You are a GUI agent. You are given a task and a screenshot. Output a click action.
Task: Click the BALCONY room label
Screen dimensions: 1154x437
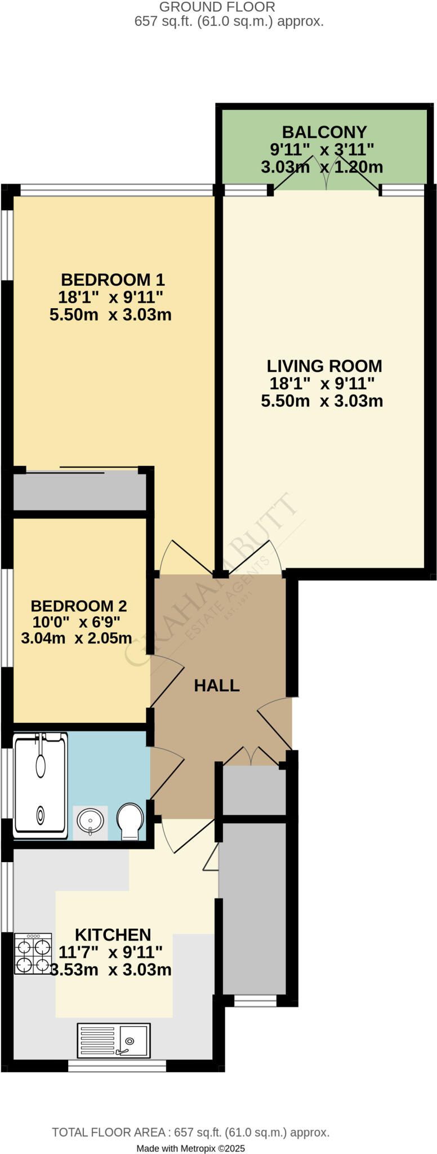[324, 132]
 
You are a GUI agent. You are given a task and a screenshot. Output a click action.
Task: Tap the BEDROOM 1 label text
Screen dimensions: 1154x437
[113, 279]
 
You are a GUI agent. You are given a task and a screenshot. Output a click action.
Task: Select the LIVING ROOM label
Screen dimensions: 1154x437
[324, 366]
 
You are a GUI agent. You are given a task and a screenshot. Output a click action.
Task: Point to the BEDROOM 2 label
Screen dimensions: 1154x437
[79, 606]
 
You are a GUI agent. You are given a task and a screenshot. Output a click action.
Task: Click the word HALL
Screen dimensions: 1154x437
[217, 685]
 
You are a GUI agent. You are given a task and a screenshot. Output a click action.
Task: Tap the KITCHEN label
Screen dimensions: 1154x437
[113, 935]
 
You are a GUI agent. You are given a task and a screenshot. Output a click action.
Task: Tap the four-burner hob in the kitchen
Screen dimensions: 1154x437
[33, 954]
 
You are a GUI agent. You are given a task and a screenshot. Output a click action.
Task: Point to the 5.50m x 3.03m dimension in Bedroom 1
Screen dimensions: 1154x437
[110, 314]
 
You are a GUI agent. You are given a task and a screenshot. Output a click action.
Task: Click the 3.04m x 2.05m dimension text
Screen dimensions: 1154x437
[77, 638]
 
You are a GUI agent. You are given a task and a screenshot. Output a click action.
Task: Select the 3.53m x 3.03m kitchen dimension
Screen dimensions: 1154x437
[111, 970]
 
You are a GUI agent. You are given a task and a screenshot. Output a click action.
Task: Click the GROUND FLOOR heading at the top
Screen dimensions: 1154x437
[217, 7]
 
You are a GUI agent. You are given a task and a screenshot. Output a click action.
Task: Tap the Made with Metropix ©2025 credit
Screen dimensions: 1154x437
[190, 1148]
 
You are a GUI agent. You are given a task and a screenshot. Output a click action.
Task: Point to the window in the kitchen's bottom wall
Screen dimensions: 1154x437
[117, 1066]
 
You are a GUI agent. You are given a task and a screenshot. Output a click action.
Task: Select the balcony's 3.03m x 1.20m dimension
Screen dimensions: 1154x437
[322, 167]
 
